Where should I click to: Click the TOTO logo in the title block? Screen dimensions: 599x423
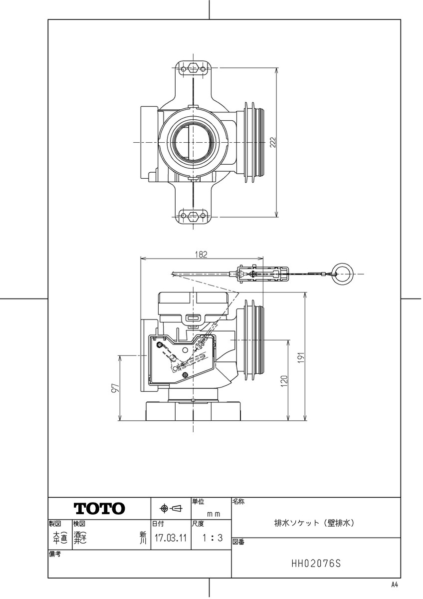pyautogui.click(x=100, y=509)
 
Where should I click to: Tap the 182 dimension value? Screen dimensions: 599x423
pyautogui.click(x=202, y=254)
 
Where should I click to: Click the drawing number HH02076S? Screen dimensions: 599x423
pyautogui.click(x=316, y=564)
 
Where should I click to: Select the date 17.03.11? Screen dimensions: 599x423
pyautogui.click(x=171, y=539)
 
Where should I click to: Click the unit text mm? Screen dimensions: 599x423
pyautogui.click(x=214, y=513)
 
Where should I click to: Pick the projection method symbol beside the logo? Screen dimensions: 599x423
pyautogui.click(x=171, y=509)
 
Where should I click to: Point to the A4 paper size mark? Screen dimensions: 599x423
pyautogui.click(x=395, y=585)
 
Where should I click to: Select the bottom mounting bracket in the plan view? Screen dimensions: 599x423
pyautogui.click(x=193, y=216)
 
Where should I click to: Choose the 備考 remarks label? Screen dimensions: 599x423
pyautogui.click(x=55, y=554)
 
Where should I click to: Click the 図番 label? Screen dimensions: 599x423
pyautogui.click(x=238, y=542)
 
